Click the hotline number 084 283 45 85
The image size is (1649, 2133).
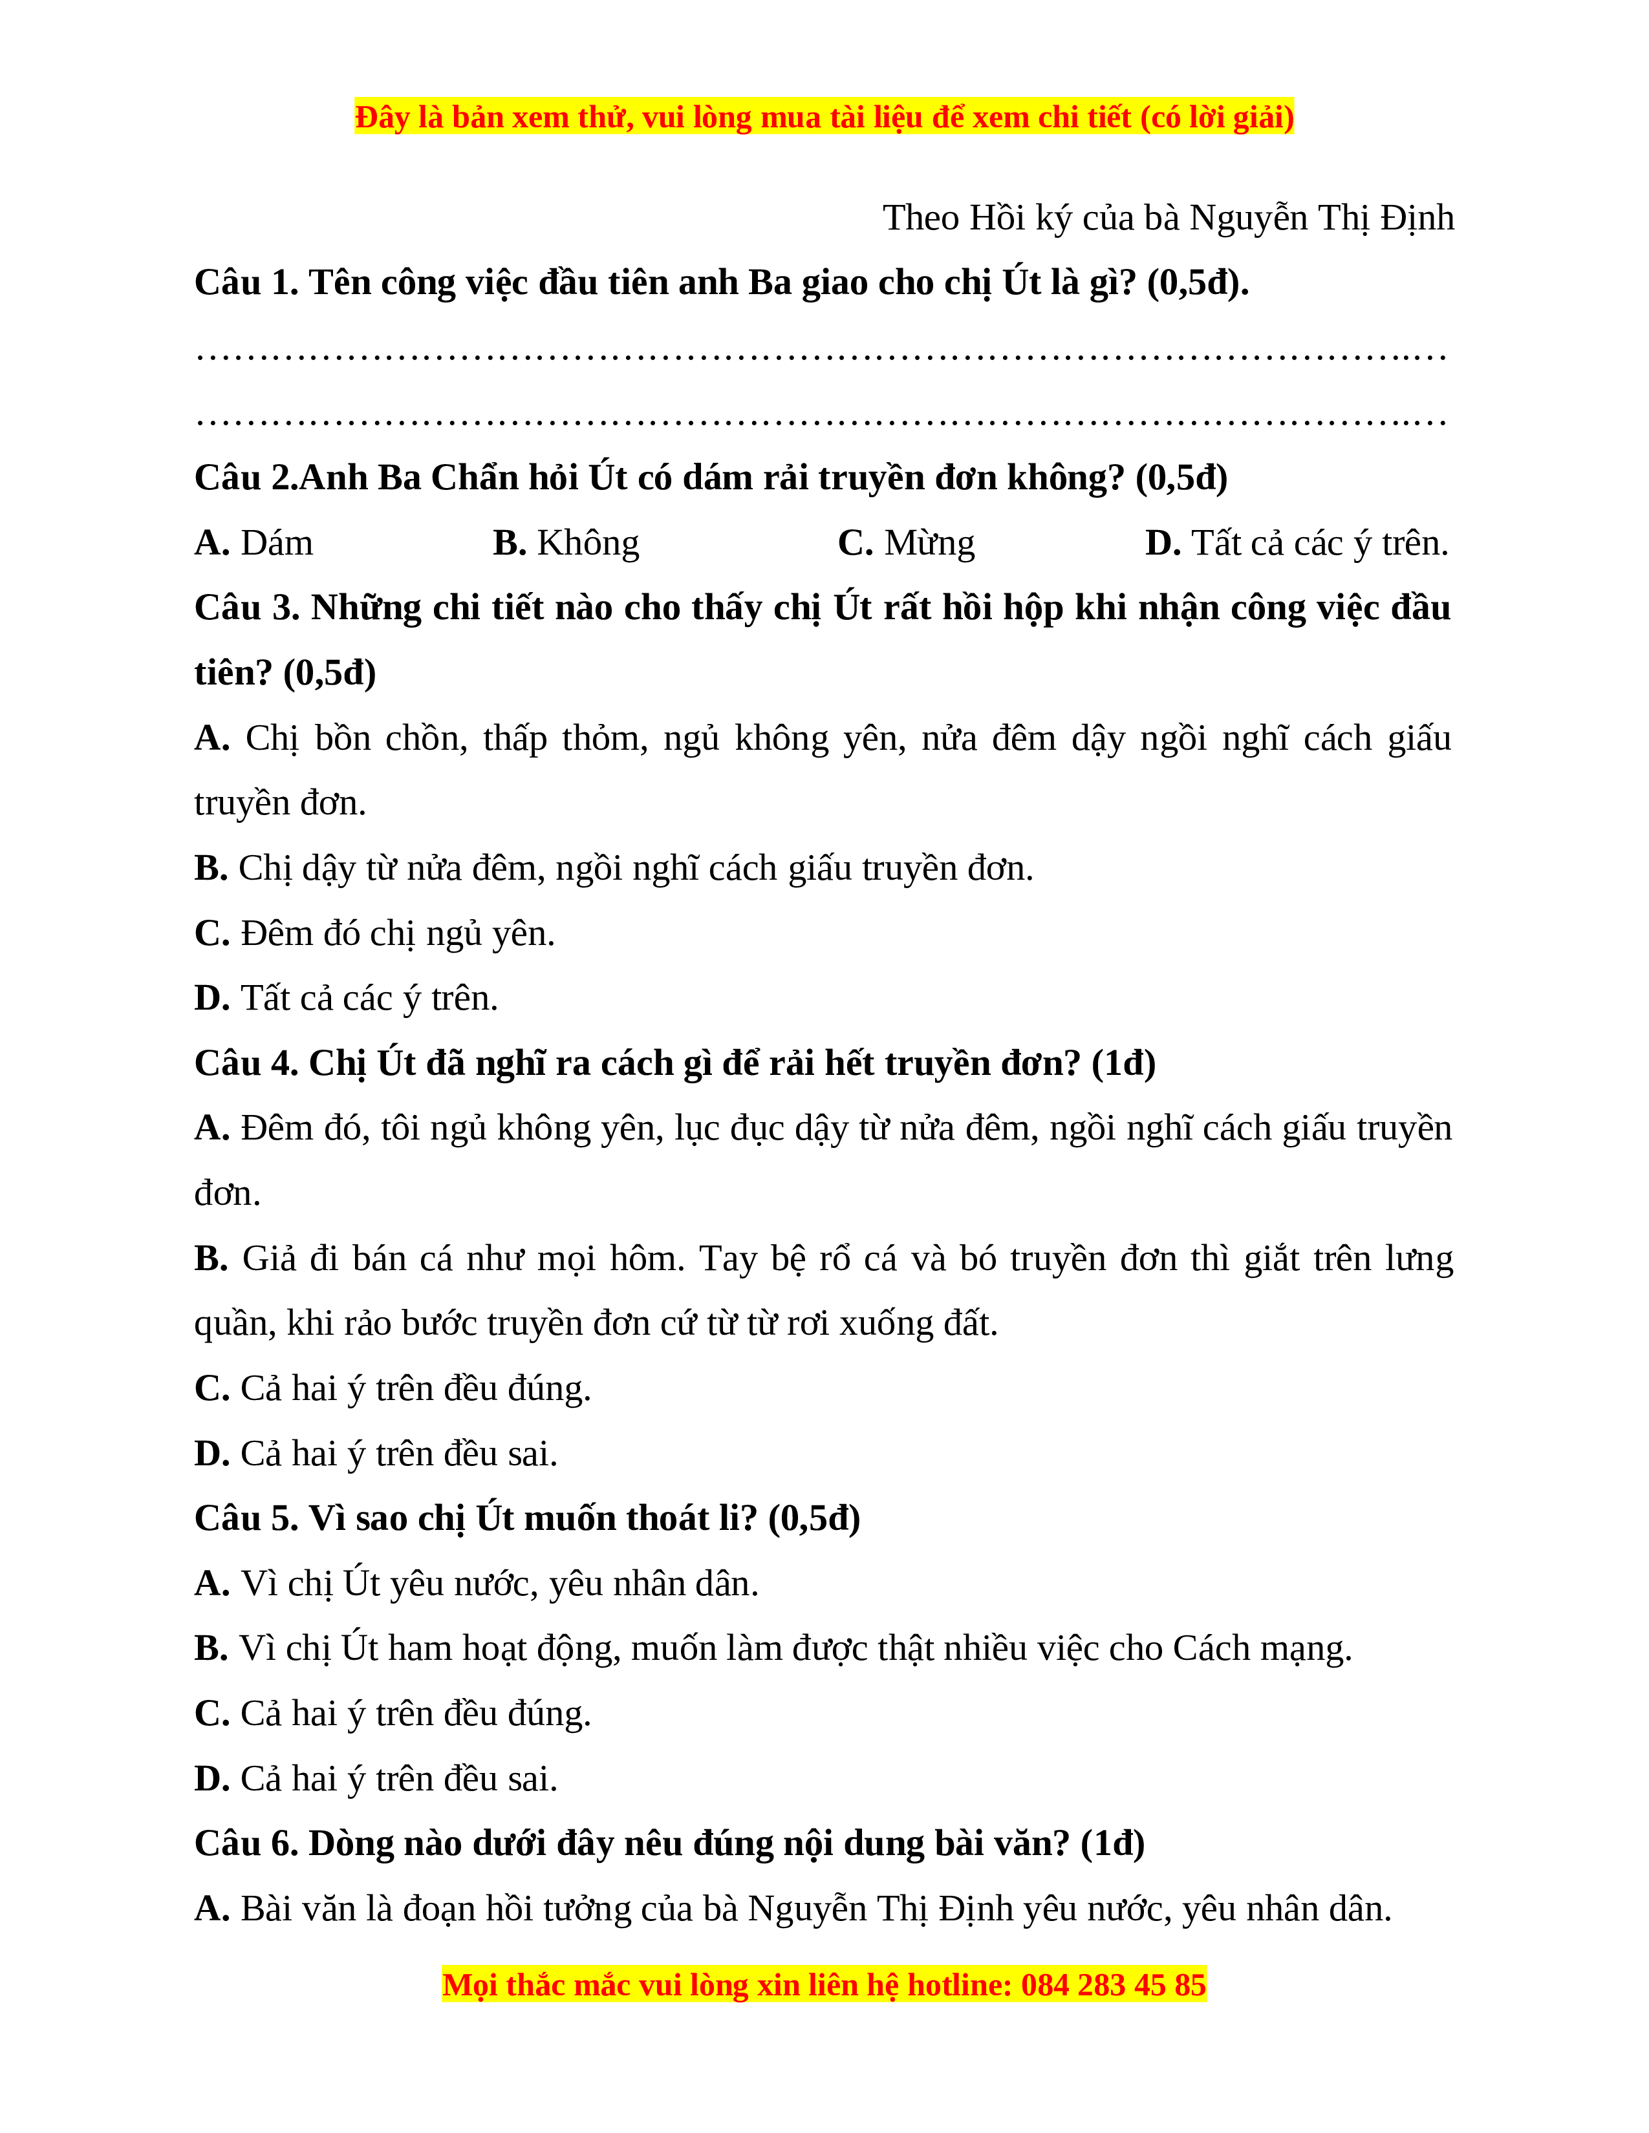tap(1114, 1986)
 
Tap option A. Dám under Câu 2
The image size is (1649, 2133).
tap(254, 543)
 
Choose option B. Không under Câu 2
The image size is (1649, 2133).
tap(566, 543)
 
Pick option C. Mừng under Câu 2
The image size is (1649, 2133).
tap(905, 543)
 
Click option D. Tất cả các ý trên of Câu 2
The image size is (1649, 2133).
tap(1297, 543)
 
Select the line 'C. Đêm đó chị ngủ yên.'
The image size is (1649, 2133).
tap(374, 934)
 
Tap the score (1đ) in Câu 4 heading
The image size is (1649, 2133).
tap(1123, 1063)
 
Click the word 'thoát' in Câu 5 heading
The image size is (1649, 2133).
tap(664, 1519)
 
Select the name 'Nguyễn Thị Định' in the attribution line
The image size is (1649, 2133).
tap(1322, 218)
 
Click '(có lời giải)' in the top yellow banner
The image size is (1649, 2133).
tap(1216, 118)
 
